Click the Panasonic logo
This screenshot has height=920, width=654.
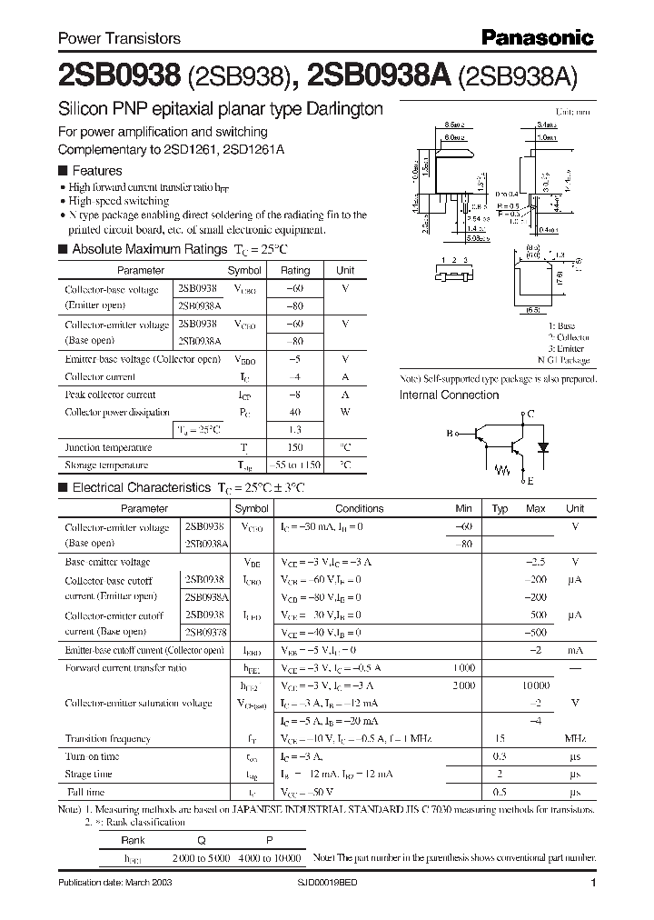pyautogui.click(x=537, y=37)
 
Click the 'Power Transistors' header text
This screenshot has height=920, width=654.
pyautogui.click(x=119, y=38)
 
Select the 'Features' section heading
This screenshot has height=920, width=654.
pyautogui.click(x=96, y=170)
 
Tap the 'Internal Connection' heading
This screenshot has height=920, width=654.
pyautogui.click(x=449, y=395)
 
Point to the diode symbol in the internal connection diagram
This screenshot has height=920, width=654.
pyautogui.click(x=543, y=447)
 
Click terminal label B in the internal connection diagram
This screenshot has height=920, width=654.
pyautogui.click(x=448, y=435)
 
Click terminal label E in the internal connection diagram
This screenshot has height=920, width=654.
pyautogui.click(x=530, y=481)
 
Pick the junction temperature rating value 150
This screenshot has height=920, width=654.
pyautogui.click(x=294, y=447)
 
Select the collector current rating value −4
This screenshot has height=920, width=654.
pyautogui.click(x=294, y=376)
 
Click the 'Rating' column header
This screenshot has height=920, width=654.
pyautogui.click(x=294, y=270)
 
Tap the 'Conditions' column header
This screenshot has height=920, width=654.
pyautogui.click(x=359, y=509)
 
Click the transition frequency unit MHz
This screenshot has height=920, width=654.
pyautogui.click(x=574, y=739)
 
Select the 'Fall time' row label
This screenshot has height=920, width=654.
pyautogui.click(x=84, y=791)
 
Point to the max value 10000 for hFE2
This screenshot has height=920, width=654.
pyautogui.click(x=535, y=685)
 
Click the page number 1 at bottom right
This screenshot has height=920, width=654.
pyautogui.click(x=592, y=883)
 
